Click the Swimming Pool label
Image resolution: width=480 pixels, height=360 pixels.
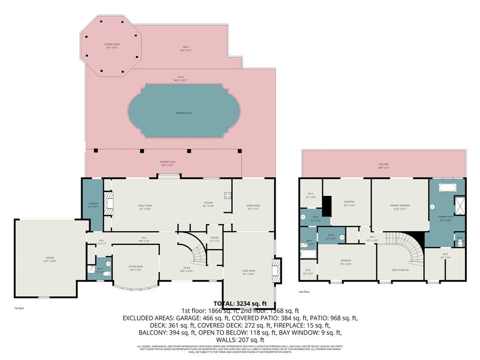(184, 113)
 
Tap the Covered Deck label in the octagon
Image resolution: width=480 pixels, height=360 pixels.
(112, 45)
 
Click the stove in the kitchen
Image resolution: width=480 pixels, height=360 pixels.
(228, 196)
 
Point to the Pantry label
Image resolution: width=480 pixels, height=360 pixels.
(215, 239)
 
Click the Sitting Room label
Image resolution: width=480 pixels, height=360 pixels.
(136, 267)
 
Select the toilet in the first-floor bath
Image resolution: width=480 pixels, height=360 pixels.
(108, 273)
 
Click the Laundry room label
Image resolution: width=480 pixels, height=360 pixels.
(93, 204)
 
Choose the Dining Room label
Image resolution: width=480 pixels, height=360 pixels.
(253, 206)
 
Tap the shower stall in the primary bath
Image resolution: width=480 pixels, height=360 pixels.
(459, 206)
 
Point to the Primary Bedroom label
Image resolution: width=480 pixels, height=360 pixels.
(400, 206)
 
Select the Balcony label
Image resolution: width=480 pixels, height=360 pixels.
(384, 165)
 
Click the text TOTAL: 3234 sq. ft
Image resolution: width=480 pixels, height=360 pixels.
(240, 303)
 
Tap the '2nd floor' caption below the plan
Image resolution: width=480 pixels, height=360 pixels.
(305, 292)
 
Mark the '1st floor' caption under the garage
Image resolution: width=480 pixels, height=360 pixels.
(19, 308)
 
